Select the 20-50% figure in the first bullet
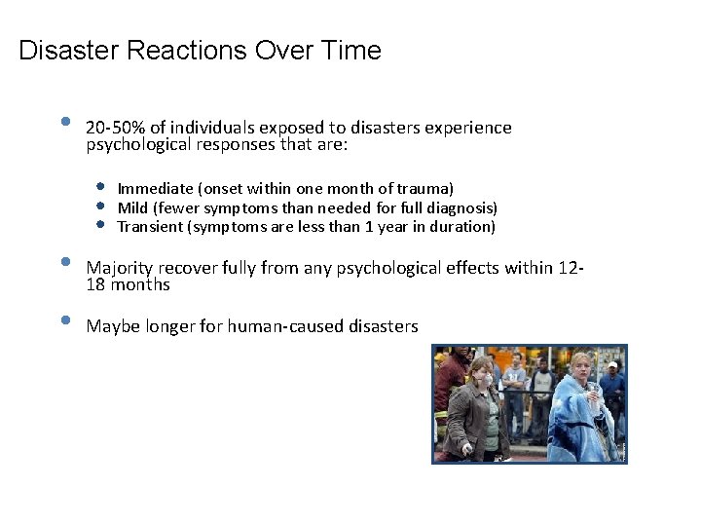point(116,128)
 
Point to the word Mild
point(132,207)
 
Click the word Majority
point(120,267)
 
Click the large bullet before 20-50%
point(64,123)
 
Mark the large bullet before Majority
point(64,262)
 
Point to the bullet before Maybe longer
point(64,320)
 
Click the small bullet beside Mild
point(100,206)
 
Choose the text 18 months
point(129,284)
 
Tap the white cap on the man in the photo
point(611,366)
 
